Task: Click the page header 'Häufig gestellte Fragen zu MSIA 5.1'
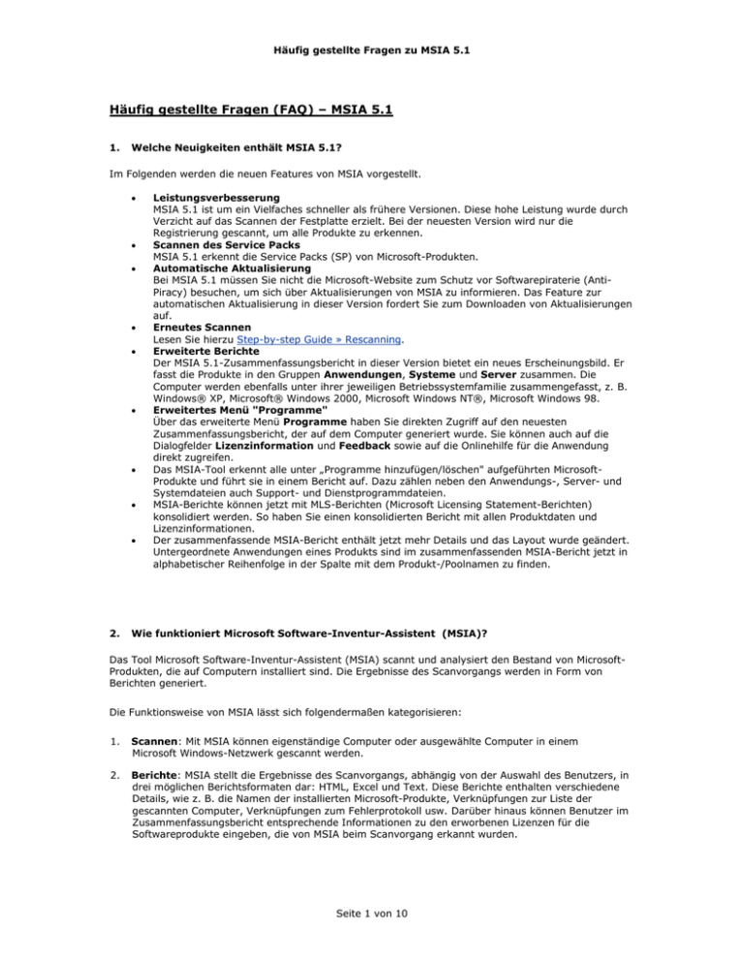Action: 371,36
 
